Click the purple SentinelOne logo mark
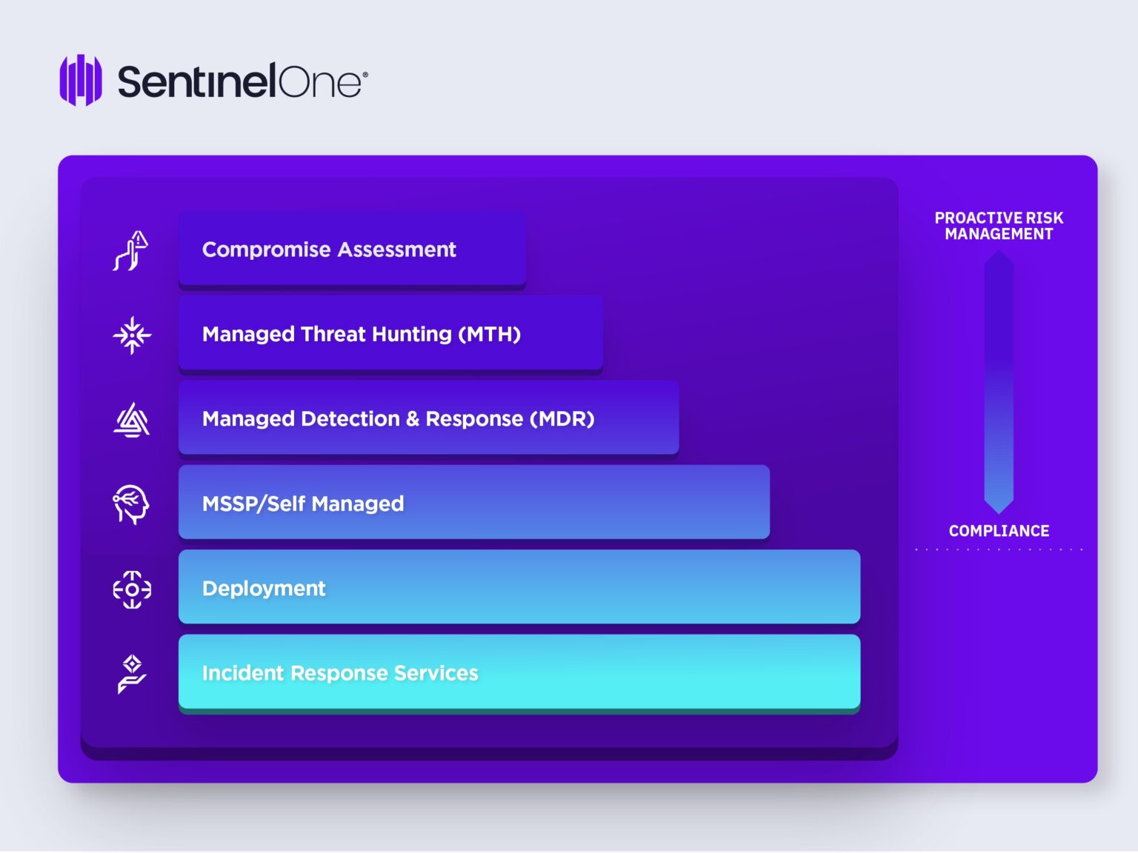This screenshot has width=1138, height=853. coord(81,80)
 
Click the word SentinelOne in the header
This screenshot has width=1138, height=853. coord(239,81)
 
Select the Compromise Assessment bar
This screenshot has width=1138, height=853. coord(352,249)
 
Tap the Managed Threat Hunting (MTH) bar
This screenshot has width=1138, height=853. coord(390,333)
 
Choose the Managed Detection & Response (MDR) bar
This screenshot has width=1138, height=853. coord(429,418)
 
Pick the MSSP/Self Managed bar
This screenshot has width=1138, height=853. coord(474,503)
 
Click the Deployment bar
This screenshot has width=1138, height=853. coord(519,587)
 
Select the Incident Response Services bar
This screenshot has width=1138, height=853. coord(519,672)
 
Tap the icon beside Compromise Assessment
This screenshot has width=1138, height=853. coord(131,251)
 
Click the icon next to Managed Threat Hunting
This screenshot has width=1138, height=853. coord(132,335)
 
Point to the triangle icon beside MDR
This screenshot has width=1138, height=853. coord(132,420)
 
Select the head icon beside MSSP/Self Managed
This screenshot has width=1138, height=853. coord(131,504)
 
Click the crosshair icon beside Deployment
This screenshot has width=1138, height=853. coord(132,589)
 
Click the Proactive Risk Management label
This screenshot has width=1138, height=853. coord(999,226)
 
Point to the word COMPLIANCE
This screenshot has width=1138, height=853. coord(999,531)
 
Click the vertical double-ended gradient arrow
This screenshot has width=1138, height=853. coord(999,382)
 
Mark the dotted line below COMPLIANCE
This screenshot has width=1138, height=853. coord(999,549)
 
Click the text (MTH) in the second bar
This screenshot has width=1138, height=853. coord(490,334)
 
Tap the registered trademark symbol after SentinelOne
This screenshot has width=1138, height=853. coord(365,75)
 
